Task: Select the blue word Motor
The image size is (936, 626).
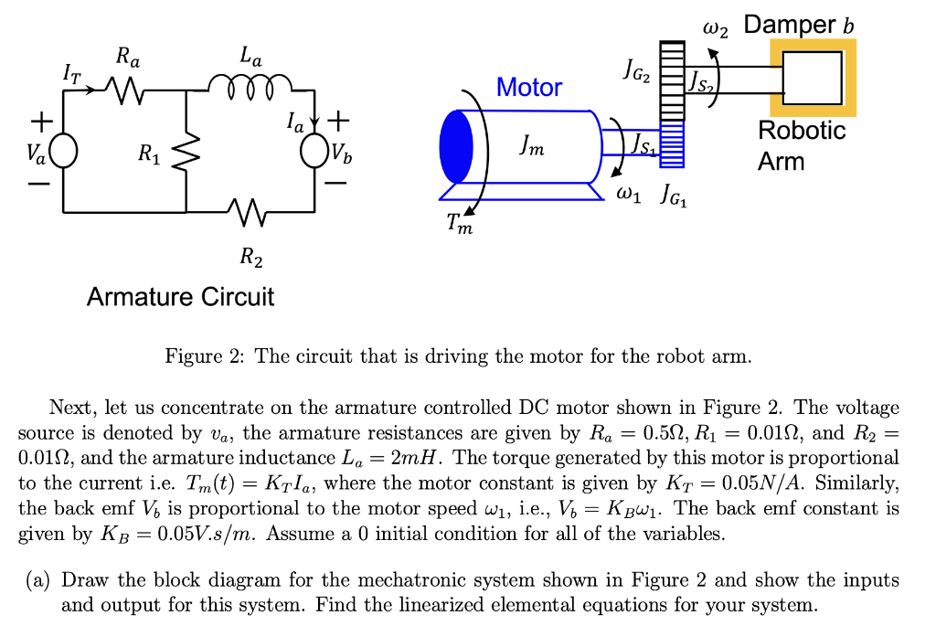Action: coord(529,88)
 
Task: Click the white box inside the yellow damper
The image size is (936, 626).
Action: coord(812,78)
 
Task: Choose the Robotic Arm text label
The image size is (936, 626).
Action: coord(802,145)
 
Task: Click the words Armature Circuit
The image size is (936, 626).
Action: coord(180,297)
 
